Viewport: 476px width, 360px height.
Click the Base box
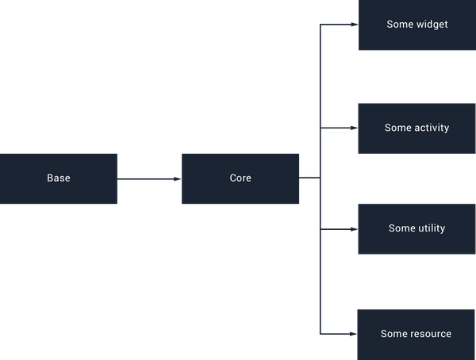point(59,178)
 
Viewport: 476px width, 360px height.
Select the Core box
point(240,178)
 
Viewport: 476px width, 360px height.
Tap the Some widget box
point(416,25)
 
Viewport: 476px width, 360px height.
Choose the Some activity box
point(416,128)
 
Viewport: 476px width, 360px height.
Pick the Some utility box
point(416,228)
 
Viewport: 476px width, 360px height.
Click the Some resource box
point(416,334)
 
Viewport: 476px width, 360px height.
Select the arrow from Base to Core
point(149,179)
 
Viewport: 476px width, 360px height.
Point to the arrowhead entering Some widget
point(353,25)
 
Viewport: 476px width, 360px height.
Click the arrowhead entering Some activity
point(353,128)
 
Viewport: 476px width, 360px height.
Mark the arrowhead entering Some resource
point(353,333)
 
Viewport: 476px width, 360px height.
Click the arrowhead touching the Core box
point(177,179)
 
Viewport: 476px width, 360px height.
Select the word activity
point(432,128)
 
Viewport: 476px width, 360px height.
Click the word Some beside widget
point(399,25)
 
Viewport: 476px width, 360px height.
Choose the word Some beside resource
point(393,334)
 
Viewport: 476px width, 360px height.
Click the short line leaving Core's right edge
point(309,179)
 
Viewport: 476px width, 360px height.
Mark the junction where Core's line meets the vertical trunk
point(319,179)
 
